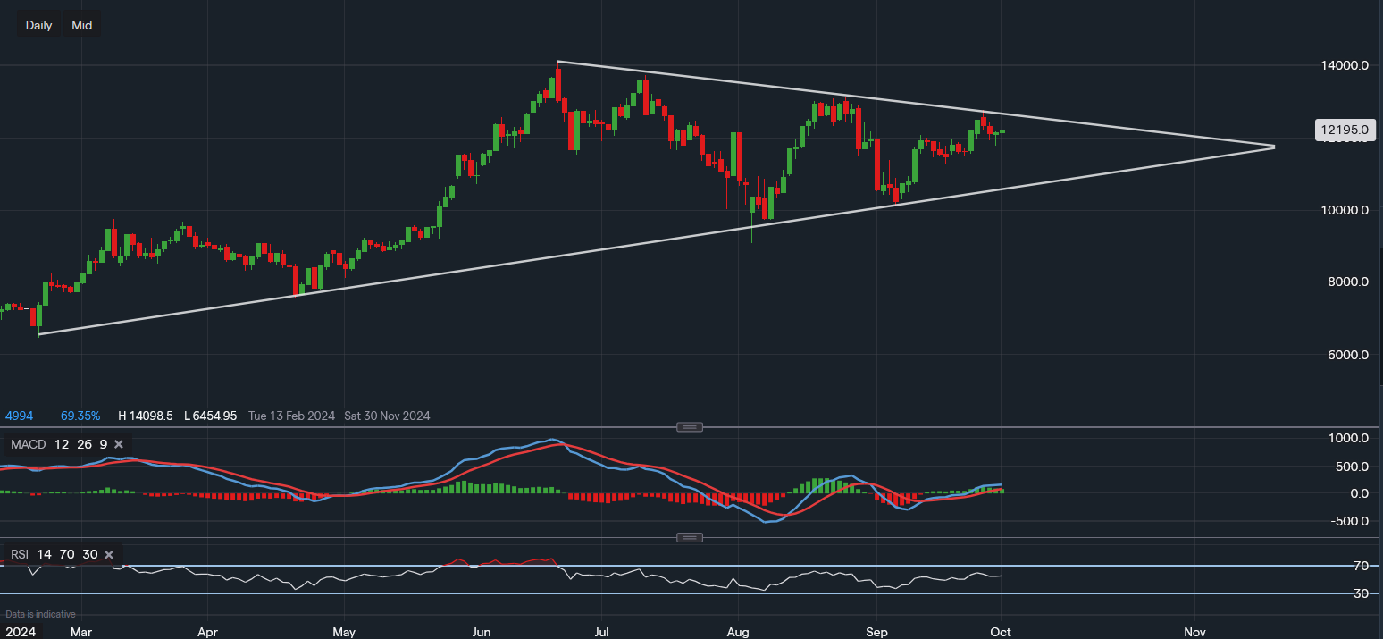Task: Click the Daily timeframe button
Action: [x=38, y=25]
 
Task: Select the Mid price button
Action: [x=82, y=25]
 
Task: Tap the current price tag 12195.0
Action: [x=1345, y=130]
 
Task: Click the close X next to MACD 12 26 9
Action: [x=119, y=444]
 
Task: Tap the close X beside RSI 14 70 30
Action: [x=109, y=554]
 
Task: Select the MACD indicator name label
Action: [x=27, y=444]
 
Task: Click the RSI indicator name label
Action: [x=20, y=554]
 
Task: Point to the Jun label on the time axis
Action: [x=481, y=631]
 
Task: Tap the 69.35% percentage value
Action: [x=80, y=416]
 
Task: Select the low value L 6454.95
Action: [x=211, y=416]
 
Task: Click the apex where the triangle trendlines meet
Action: [x=1274, y=147]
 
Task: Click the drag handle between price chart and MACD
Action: [x=689, y=427]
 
